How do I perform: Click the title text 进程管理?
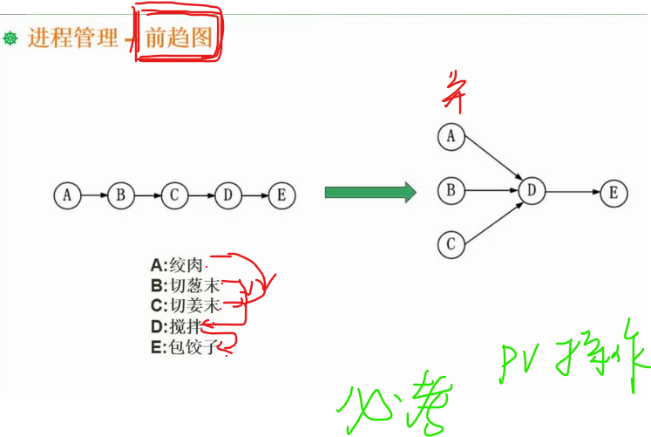(x=72, y=38)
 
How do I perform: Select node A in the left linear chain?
(x=67, y=195)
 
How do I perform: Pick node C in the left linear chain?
(x=174, y=195)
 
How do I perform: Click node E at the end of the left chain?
(x=281, y=195)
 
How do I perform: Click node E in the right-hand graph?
(x=614, y=192)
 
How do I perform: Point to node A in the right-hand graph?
(x=451, y=137)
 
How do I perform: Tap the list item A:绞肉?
(x=178, y=263)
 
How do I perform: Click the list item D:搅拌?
(x=175, y=326)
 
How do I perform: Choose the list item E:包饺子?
(x=182, y=347)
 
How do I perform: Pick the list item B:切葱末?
(x=185, y=284)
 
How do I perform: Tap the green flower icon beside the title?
(x=11, y=39)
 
